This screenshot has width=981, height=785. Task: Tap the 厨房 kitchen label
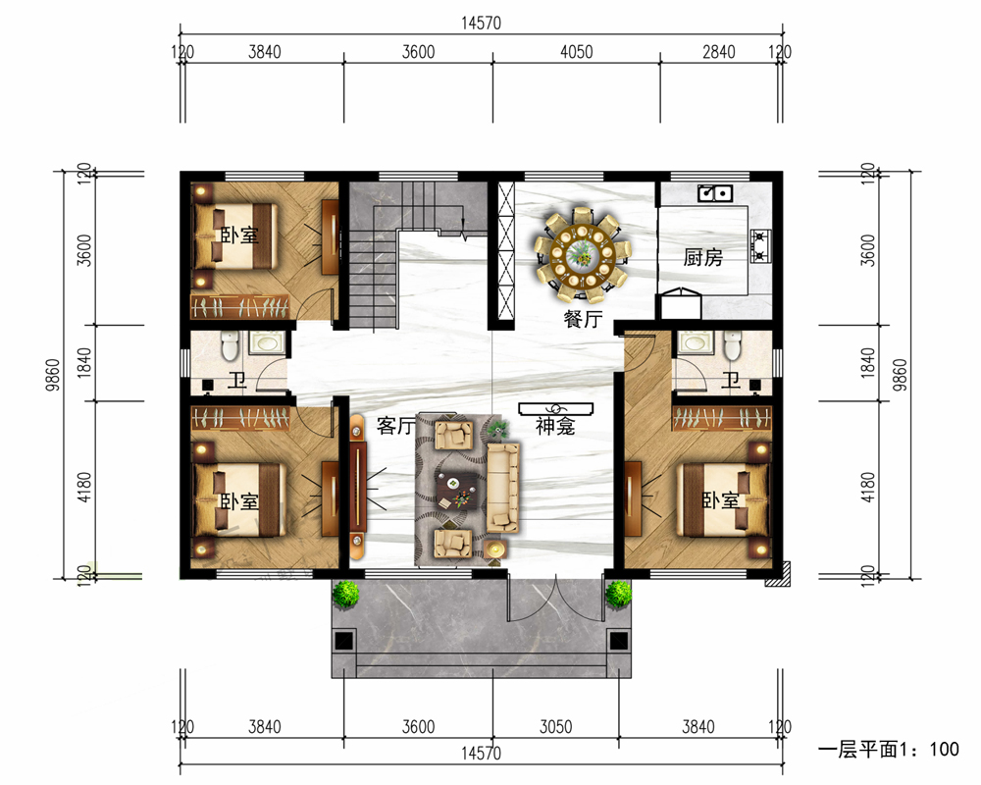(x=702, y=257)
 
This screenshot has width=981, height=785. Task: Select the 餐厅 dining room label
(x=583, y=319)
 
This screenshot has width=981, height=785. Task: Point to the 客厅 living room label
(x=395, y=426)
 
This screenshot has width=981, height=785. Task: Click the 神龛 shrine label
(x=555, y=426)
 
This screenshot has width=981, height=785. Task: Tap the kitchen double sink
(x=715, y=192)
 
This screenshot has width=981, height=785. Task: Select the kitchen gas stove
(x=760, y=246)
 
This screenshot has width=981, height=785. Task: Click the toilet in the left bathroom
(x=230, y=345)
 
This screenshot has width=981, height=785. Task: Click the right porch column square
(x=618, y=641)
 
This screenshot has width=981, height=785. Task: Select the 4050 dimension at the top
(x=576, y=51)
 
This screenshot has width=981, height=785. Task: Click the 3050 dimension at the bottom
(x=555, y=727)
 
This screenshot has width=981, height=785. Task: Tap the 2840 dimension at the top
(x=718, y=51)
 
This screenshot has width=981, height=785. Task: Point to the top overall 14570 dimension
(x=481, y=24)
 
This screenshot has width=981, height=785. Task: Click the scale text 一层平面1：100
(x=889, y=749)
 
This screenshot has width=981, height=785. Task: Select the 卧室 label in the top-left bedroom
(x=239, y=235)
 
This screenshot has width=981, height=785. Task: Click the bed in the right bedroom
(x=726, y=499)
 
